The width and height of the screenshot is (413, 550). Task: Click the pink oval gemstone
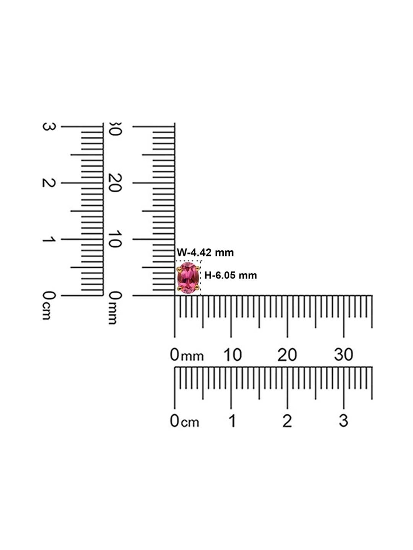pos(188,278)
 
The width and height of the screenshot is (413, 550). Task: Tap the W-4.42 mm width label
pos(205,252)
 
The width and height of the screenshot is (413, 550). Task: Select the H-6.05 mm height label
pos(230,275)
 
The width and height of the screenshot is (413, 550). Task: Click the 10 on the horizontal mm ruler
pos(233,355)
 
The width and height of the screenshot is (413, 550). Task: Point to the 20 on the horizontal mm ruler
pos(287,355)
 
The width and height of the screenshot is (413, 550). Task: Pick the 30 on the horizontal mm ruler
pos(343,355)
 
